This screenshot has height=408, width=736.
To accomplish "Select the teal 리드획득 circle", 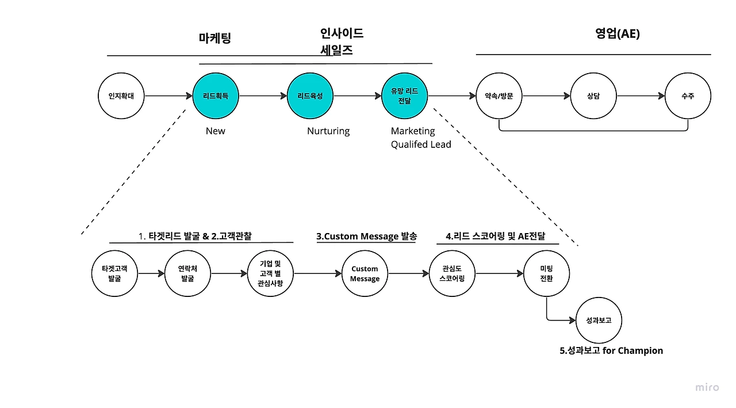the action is pos(216,96).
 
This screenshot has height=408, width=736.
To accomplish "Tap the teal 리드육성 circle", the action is pos(310,96).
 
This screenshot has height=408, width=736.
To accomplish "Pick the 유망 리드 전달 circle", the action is pos(404,96).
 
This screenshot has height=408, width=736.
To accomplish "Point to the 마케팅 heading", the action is pos(215,38).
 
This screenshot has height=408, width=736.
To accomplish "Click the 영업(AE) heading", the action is pos(618,33).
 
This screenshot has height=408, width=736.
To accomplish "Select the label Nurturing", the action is pos(328,131).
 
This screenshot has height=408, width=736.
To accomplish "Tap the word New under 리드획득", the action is pos(216,131).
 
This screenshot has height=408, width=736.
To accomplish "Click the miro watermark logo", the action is pos(707,387).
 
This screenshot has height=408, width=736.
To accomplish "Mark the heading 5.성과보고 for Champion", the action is pos(611,350).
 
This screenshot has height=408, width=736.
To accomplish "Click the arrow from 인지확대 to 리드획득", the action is pos(168,96).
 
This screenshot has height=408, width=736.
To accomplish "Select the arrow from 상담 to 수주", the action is pos(641,96).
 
